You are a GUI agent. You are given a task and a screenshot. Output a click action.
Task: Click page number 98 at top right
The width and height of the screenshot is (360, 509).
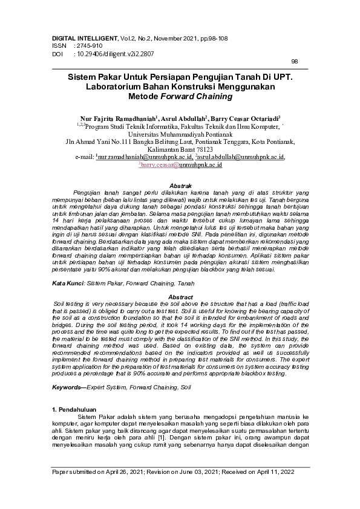click(x=295, y=62)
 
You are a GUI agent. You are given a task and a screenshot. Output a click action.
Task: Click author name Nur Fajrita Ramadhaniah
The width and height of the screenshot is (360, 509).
click(x=118, y=120)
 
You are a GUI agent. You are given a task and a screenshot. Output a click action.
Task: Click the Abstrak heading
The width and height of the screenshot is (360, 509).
click(x=180, y=185)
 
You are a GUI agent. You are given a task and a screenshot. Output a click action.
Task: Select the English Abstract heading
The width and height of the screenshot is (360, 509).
click(x=180, y=297)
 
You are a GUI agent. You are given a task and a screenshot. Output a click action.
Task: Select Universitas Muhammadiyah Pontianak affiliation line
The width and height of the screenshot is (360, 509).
click(x=180, y=134)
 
